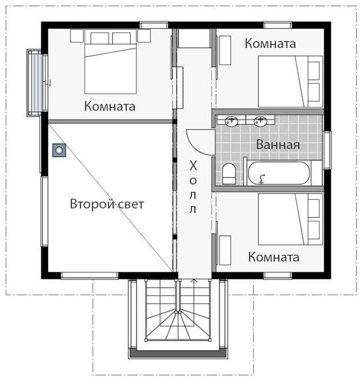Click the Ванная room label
[x=278, y=144]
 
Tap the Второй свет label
[x=107, y=204]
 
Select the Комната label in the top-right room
[x=270, y=43]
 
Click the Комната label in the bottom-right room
[x=274, y=257]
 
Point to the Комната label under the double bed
[x=110, y=106]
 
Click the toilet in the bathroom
[x=229, y=174]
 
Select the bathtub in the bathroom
[x=279, y=173]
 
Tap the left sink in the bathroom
[x=231, y=121]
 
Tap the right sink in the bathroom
[x=261, y=120]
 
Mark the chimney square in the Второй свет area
[x=59, y=150]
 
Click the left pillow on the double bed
[x=99, y=38]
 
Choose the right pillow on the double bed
[x=121, y=38]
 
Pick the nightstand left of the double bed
[x=77, y=36]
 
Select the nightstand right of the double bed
[x=144, y=36]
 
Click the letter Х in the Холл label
[x=193, y=166]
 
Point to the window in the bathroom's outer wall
[x=327, y=150]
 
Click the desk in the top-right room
[x=225, y=50]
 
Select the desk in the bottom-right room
[x=225, y=251]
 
